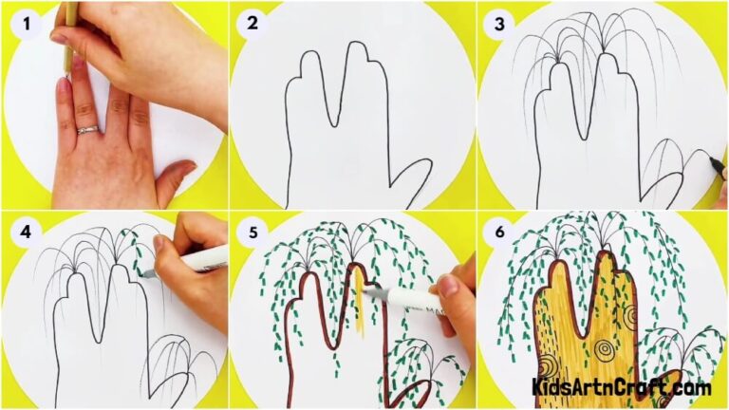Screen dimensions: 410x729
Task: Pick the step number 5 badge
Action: pyautogui.click(x=252, y=231)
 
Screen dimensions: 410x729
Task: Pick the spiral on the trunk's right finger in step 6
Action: pyautogui.click(x=630, y=316)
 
